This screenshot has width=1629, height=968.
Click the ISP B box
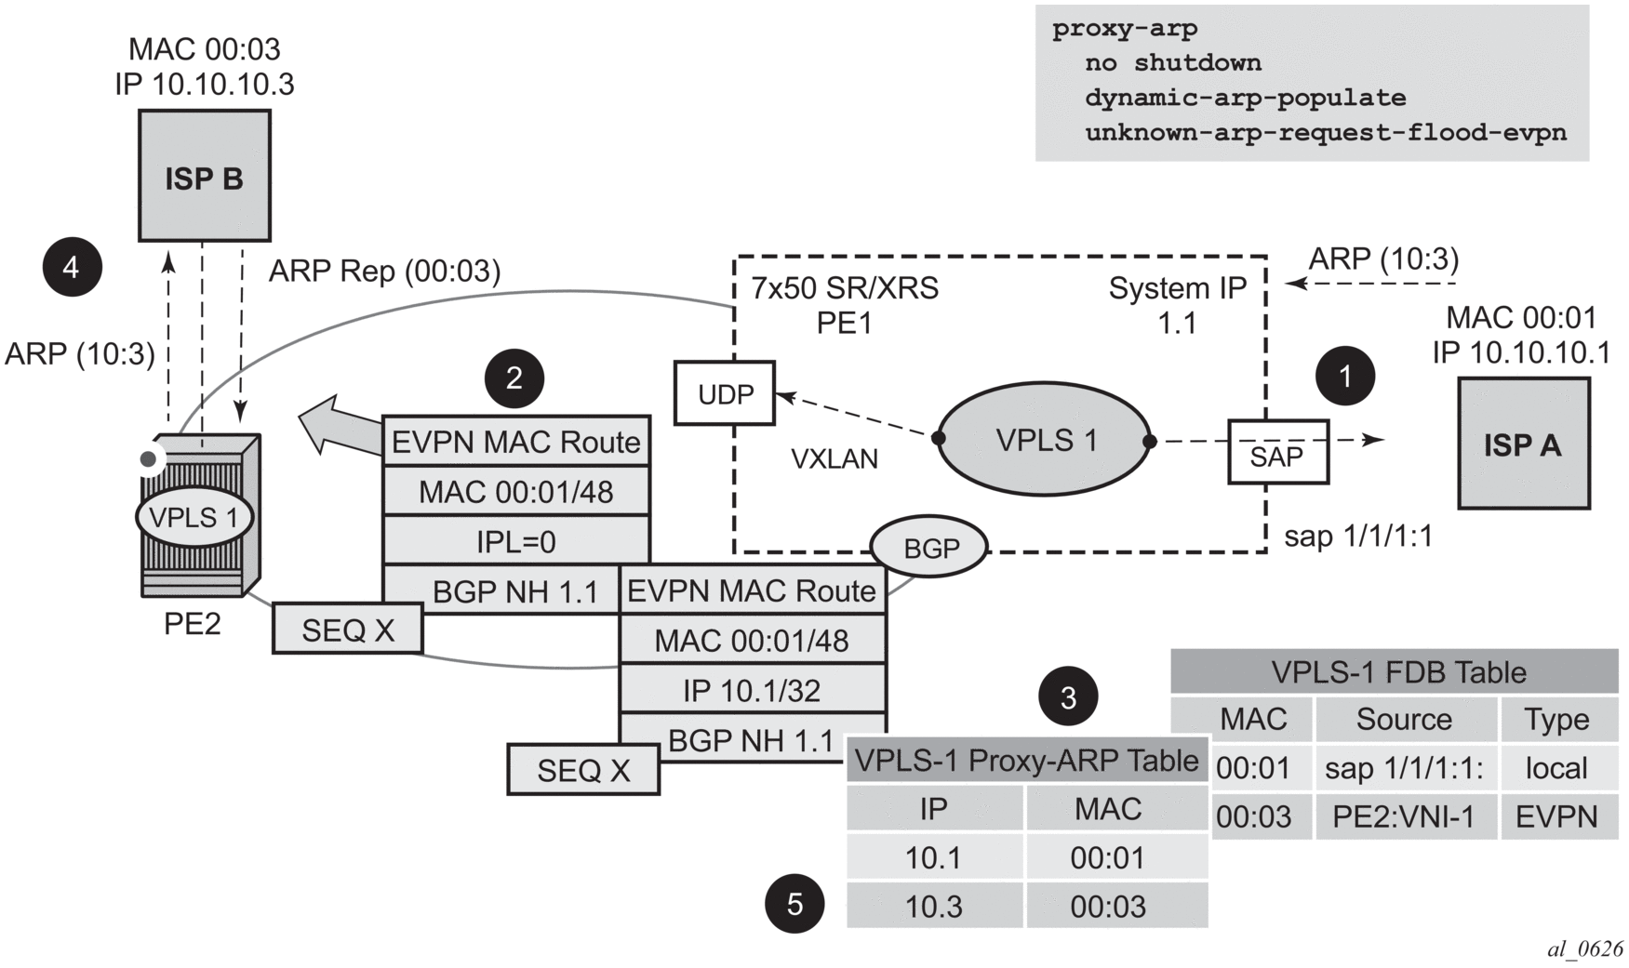204,176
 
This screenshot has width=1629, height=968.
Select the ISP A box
1522,444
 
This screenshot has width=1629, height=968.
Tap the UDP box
725,393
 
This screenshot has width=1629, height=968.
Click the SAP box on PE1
1277,452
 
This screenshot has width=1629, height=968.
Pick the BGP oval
928,547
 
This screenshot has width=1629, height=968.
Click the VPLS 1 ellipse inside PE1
1044,440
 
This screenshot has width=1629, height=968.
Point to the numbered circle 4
72,267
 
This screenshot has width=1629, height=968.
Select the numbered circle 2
514,378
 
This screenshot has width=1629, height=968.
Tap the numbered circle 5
794,903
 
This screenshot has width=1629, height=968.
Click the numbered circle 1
1344,376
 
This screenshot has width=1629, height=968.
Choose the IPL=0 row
515,541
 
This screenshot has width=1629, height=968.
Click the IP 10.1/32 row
752,690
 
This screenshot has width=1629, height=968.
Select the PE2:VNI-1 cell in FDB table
1403,816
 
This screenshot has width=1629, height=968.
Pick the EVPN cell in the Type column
1556,816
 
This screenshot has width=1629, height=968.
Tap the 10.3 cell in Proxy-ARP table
933,906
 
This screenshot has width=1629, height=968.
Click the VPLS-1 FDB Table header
1394,671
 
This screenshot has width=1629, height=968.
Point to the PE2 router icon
199,516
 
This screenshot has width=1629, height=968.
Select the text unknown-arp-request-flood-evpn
1325,132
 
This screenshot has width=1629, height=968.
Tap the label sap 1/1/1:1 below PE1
1357,537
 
